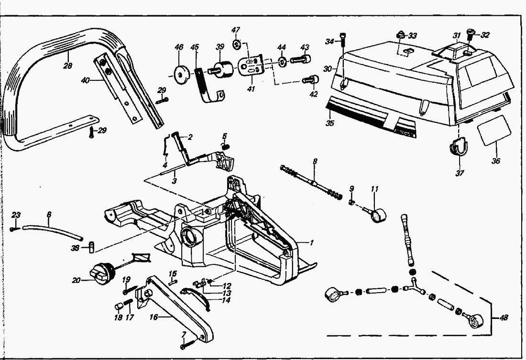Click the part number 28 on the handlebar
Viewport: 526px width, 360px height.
(68, 65)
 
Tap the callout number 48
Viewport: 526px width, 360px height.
(503, 317)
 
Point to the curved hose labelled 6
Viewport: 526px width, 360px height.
(53, 232)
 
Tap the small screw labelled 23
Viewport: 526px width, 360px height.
(13, 229)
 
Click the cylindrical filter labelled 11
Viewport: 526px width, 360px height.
(375, 214)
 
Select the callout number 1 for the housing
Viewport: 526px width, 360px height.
(312, 242)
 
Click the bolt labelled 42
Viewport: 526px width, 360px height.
(310, 80)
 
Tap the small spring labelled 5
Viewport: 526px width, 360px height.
(226, 146)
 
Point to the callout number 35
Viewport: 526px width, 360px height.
(330, 123)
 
